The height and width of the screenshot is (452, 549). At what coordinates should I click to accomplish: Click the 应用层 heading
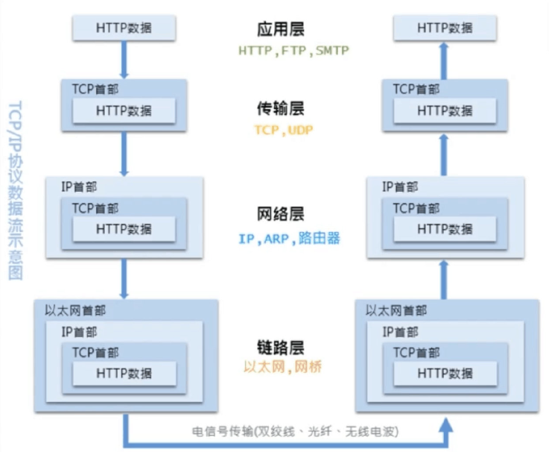point(279,30)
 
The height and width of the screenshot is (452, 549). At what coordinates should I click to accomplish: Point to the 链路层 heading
point(279,347)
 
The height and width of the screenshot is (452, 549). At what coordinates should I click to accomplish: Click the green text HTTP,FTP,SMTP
point(293,51)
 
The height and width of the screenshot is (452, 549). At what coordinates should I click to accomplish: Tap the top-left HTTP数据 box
point(124,28)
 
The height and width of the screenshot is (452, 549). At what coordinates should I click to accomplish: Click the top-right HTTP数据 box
point(445,28)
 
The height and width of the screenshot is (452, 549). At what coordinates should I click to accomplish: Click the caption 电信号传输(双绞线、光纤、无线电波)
point(296,431)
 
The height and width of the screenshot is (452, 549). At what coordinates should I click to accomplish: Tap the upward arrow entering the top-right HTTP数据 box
point(445,58)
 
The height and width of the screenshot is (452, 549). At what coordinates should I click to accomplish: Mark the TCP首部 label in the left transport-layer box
point(95,89)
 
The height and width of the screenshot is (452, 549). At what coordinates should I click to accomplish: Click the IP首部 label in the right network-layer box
point(401,186)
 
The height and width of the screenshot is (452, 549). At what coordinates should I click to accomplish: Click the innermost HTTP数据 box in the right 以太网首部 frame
point(445,372)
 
